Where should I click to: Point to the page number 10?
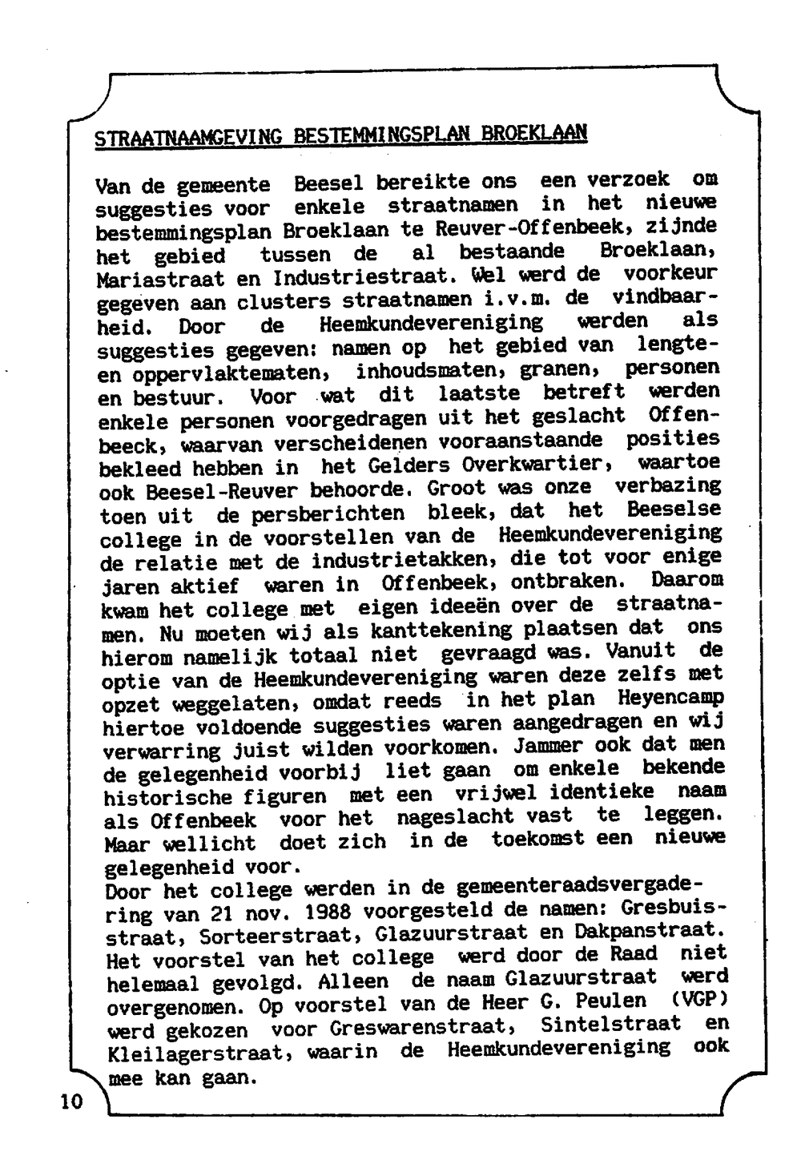70,1102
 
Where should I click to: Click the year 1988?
332,912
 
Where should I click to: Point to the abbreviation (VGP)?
694,1001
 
